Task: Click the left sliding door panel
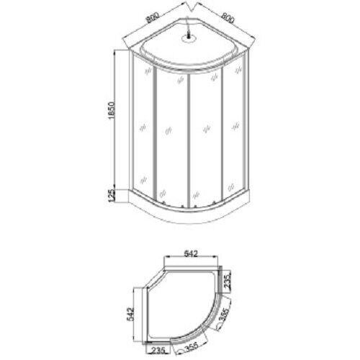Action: [x=171, y=137]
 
